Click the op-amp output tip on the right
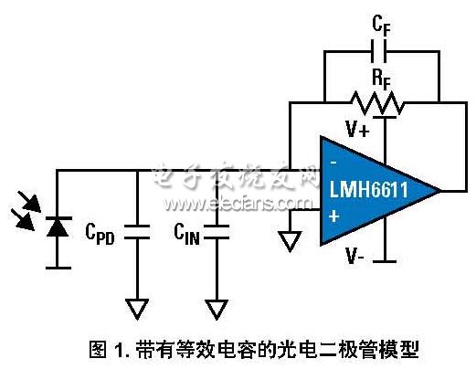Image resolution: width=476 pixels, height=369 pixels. [x=439, y=191]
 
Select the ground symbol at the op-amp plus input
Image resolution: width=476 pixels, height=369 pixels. [x=291, y=242]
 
